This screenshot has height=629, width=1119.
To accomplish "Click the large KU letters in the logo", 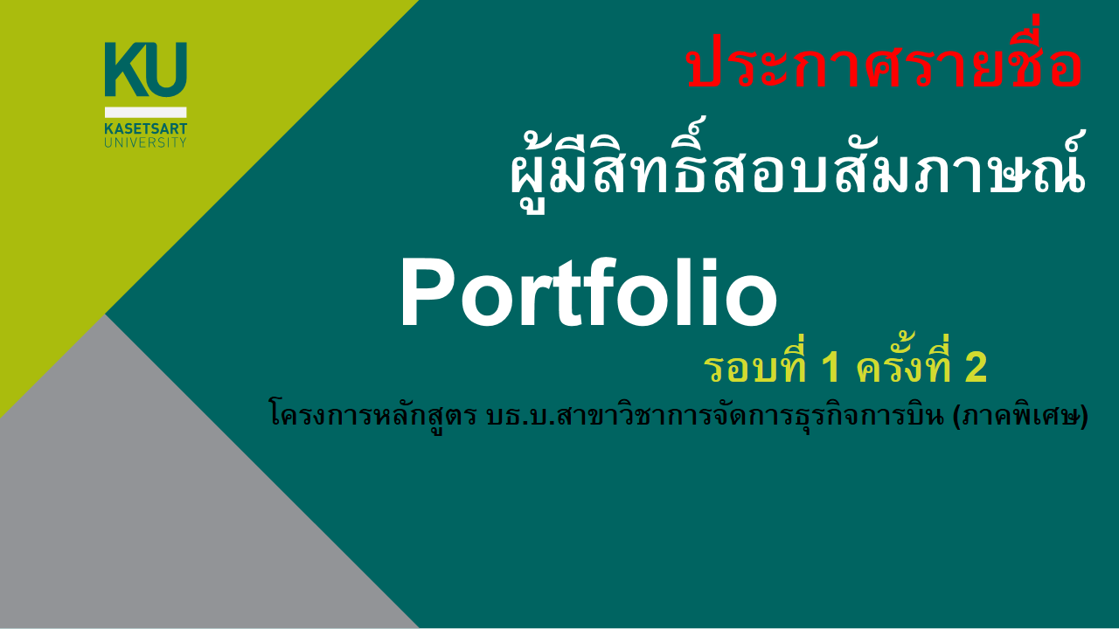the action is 145,69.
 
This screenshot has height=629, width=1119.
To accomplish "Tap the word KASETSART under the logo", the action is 145,129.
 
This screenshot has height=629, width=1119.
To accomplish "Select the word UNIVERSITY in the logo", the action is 145,142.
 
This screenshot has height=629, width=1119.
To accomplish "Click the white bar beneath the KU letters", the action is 145,113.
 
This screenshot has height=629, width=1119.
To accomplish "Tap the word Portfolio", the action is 588,293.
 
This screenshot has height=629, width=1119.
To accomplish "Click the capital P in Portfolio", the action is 428,293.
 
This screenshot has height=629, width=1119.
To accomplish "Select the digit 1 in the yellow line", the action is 831,369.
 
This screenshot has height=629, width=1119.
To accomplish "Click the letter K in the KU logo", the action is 125,69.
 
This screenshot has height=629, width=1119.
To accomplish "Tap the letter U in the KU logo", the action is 167,70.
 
